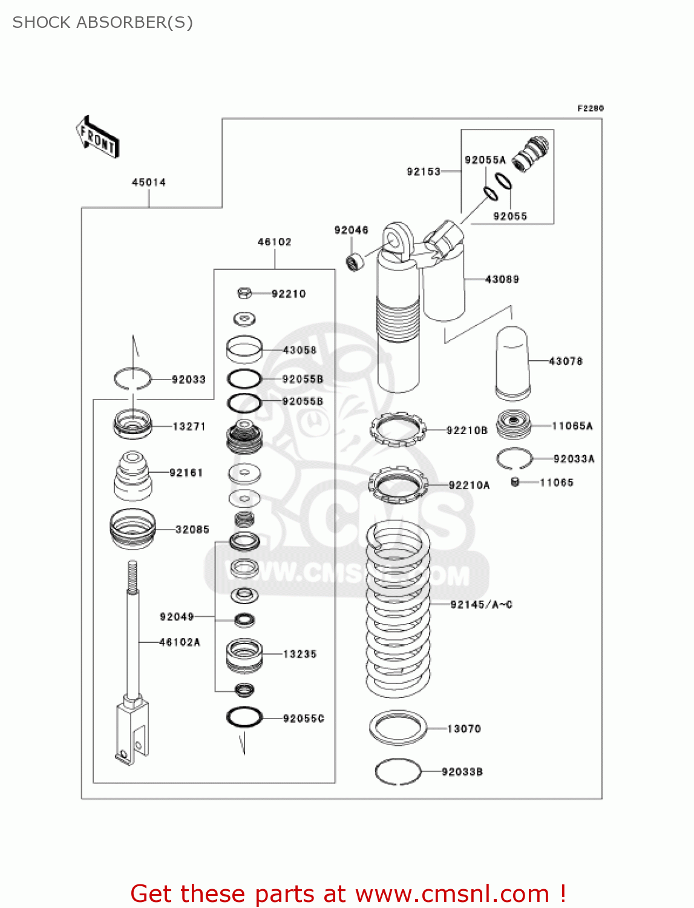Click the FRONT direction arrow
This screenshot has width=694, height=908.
[x=97, y=137]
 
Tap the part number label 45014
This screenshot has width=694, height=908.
[x=149, y=182]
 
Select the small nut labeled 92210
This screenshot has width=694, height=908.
[x=244, y=294]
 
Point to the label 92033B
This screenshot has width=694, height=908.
[x=462, y=772]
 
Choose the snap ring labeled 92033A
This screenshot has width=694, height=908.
[x=514, y=459]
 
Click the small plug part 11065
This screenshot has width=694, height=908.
[x=516, y=482]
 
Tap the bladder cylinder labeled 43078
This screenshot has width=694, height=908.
[x=512, y=363]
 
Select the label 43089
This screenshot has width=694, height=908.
[x=502, y=279]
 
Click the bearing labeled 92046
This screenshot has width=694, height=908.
[x=355, y=262]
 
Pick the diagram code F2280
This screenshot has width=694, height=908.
[x=590, y=108]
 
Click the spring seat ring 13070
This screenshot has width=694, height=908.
[x=398, y=728]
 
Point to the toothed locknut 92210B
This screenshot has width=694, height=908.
[x=398, y=429]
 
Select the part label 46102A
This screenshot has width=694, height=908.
[x=180, y=642]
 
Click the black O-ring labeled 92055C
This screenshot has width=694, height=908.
[x=244, y=717]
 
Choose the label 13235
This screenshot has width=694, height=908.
[x=300, y=654]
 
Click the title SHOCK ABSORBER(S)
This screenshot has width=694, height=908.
[x=103, y=22]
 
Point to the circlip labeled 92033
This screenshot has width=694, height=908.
[x=133, y=379]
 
